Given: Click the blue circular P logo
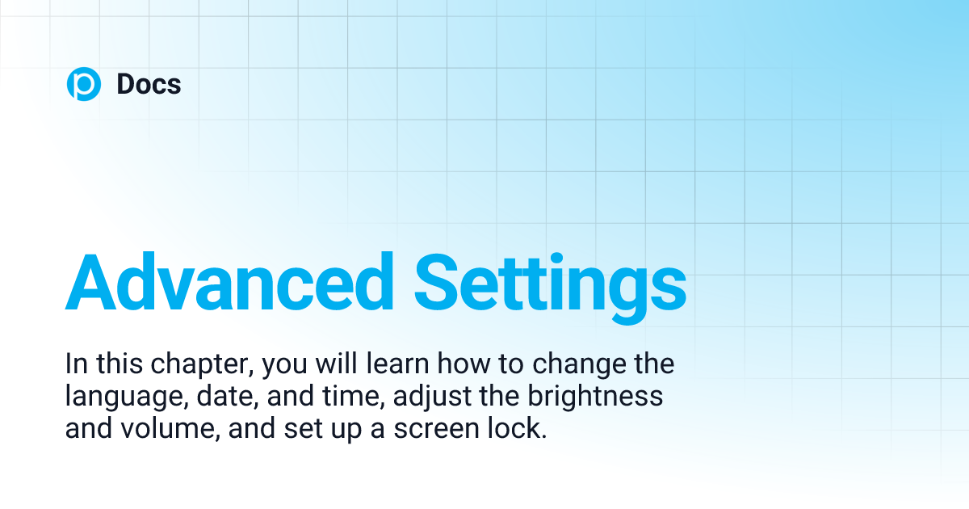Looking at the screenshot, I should [x=84, y=84].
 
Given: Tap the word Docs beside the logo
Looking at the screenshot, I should [x=149, y=84].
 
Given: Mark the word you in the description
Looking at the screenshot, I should [x=289, y=366].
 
